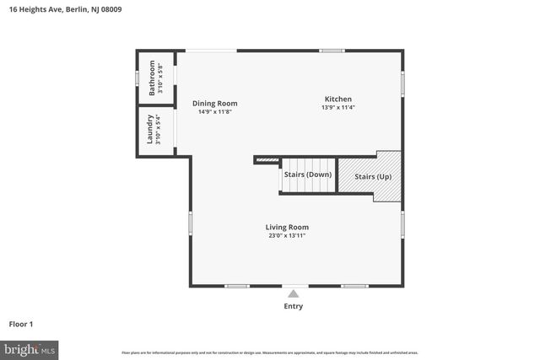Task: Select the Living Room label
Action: pyautogui.click(x=287, y=227)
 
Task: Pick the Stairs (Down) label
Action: pyautogui.click(x=307, y=175)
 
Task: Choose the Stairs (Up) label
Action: pyautogui.click(x=372, y=177)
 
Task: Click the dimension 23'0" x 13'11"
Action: pyautogui.click(x=287, y=236)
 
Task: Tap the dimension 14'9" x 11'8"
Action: pyautogui.click(x=214, y=111)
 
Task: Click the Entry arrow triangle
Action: pyautogui.click(x=293, y=293)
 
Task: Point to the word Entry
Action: pyautogui.click(x=293, y=306)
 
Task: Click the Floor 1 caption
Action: pyautogui.click(x=22, y=323)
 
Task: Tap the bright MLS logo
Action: pyautogui.click(x=30, y=348)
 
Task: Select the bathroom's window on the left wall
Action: pyautogui.click(x=138, y=77)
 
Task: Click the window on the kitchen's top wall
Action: pyautogui.click(x=332, y=51)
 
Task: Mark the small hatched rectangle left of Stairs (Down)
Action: pyautogui.click(x=267, y=159)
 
